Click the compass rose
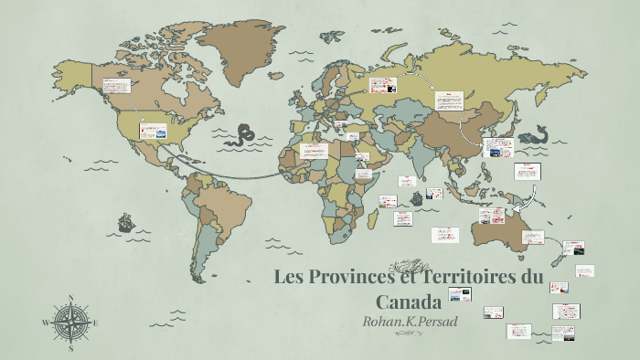(x=70, y=322)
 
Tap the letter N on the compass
(x=70, y=298)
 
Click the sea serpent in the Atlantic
(x=242, y=134)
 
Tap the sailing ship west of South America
(x=125, y=222)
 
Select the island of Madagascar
(x=373, y=218)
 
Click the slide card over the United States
(x=154, y=132)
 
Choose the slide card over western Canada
(x=115, y=85)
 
